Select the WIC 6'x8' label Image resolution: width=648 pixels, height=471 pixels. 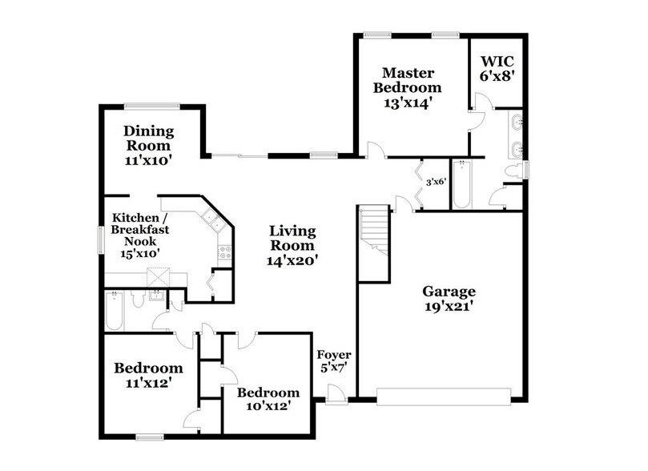pyautogui.click(x=497, y=68)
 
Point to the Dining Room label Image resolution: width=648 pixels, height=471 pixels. pyautogui.click(x=148, y=145)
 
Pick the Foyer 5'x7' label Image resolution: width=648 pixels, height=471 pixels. pyautogui.click(x=334, y=362)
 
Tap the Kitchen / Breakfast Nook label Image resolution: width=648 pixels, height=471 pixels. pyautogui.click(x=140, y=235)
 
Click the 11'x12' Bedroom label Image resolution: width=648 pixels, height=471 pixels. pyautogui.click(x=148, y=376)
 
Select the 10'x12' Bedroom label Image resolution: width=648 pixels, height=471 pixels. pyautogui.click(x=268, y=399)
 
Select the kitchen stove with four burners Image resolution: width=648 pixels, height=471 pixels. pyautogui.click(x=223, y=253)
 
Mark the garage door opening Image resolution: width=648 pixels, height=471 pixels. pyautogui.click(x=444, y=397)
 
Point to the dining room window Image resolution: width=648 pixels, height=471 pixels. pyautogui.click(x=151, y=105)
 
